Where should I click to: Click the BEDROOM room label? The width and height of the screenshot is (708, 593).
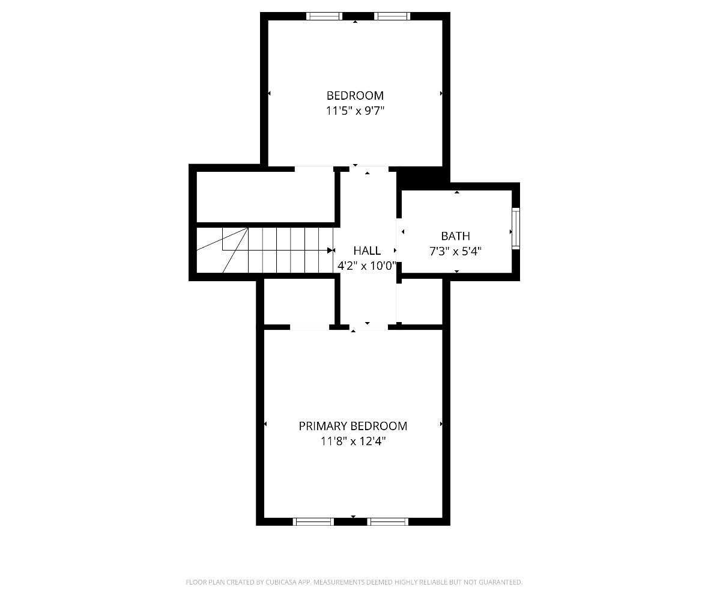coord(354,96)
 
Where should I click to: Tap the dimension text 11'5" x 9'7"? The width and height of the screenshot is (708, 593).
coord(354,111)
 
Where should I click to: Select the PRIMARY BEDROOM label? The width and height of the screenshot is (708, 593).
coord(352,426)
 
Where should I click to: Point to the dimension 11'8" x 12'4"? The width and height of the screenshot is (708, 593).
coord(352,442)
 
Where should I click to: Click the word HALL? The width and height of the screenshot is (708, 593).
coord(366,251)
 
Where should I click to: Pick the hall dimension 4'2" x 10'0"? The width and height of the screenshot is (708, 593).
coord(366,266)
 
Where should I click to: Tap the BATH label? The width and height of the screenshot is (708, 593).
coord(455,236)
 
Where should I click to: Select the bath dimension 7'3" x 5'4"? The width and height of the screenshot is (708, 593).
coord(455,252)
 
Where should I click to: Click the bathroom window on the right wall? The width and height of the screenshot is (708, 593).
coord(515,228)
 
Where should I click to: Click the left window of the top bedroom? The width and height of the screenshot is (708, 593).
coord(324,16)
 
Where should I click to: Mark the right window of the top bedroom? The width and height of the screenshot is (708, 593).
coord(392,16)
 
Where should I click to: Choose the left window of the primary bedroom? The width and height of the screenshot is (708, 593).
coord(313,522)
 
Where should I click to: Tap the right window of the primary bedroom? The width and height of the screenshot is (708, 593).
coord(388,522)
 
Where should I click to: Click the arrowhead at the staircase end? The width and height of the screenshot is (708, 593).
coord(330,250)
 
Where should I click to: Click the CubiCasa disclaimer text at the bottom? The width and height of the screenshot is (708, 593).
coord(354,582)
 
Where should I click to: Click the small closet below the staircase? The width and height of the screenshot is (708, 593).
coord(298,302)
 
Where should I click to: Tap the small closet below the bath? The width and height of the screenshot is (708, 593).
coord(420,302)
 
